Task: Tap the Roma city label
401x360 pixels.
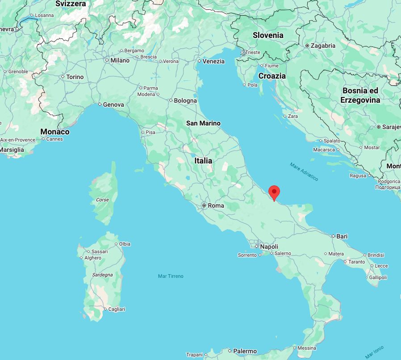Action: [216, 206]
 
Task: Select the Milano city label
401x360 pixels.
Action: [120, 60]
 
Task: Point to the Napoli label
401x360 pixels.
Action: [269, 247]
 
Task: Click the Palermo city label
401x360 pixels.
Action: [245, 351]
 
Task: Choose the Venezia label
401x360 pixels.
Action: [213, 61]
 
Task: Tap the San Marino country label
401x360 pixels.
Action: [203, 123]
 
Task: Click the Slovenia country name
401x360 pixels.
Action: [268, 35]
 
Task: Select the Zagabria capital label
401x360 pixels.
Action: [323, 46]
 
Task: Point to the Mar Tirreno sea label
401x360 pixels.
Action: [171, 276]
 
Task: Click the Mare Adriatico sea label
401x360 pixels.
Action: [304, 172]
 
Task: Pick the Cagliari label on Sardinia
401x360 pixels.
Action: [116, 309]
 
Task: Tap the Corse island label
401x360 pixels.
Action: [102, 200]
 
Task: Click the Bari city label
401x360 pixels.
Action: [342, 236]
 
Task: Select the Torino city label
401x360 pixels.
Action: [75, 77]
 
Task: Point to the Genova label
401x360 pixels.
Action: [113, 105]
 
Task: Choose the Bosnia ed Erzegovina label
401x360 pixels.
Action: [360, 95]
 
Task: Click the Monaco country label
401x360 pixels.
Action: [55, 132]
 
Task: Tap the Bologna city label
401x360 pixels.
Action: [185, 100]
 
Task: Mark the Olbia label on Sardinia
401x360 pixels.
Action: [125, 244]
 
